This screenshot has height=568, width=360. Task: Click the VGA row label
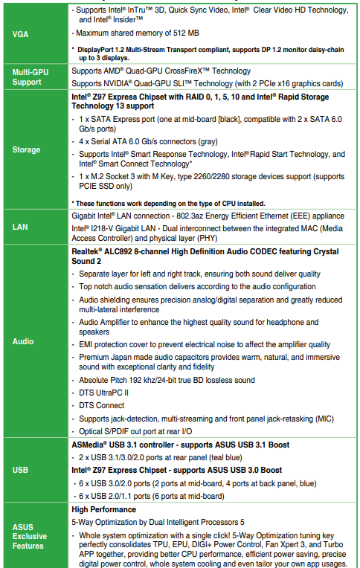(x=20, y=35)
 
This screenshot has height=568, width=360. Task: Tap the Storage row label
(x=27, y=149)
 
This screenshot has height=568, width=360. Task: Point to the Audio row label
(x=24, y=342)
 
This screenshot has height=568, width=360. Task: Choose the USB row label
(x=20, y=471)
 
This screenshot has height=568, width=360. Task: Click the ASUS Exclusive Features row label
(x=29, y=536)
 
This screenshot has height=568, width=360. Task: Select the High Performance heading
(x=103, y=509)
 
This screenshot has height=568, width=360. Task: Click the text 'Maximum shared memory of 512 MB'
(x=136, y=33)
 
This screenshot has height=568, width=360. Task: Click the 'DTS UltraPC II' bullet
(x=104, y=393)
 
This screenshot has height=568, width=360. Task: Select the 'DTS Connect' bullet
(x=102, y=405)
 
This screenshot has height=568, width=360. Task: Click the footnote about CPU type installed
(x=168, y=203)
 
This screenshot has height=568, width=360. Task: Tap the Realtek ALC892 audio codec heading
(x=205, y=256)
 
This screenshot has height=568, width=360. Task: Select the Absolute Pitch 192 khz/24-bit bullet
(x=167, y=380)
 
